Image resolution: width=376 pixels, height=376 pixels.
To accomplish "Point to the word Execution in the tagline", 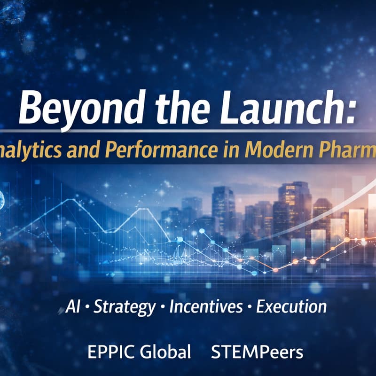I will (x=291, y=307).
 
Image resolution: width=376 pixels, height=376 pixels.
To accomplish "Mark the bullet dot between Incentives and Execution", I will (x=250, y=308).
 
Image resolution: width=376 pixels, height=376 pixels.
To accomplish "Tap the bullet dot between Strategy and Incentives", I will (x=162, y=308).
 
